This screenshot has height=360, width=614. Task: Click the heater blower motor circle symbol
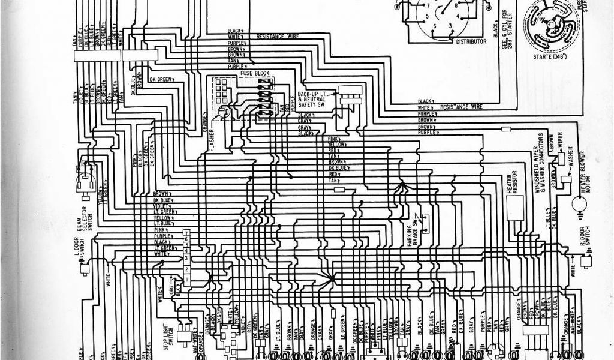click(x=580, y=206)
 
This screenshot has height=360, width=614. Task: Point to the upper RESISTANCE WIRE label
click(x=278, y=36)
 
